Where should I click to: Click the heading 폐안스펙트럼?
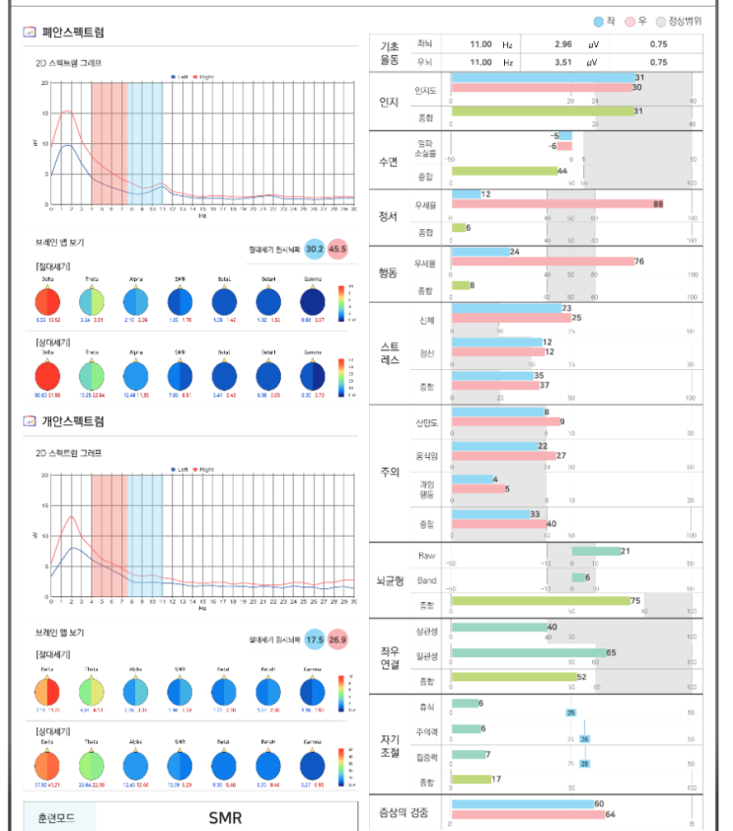pyautogui.click(x=73, y=33)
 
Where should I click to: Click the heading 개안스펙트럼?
pyautogui.click(x=73, y=421)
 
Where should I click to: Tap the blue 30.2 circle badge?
pyautogui.click(x=315, y=249)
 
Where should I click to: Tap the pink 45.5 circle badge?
pyautogui.click(x=338, y=249)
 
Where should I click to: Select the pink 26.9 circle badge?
pyautogui.click(x=338, y=640)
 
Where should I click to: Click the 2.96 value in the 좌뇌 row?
pyautogui.click(x=563, y=44)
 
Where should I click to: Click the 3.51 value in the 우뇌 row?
pyautogui.click(x=563, y=62)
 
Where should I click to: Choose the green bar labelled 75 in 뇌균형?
pyautogui.click(x=540, y=600)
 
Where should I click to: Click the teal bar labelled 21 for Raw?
pyautogui.click(x=596, y=551)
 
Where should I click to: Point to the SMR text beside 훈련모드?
pyautogui.click(x=225, y=818)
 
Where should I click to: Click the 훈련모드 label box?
pyautogui.click(x=60, y=818)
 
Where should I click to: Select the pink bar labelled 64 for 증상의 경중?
pyautogui.click(x=528, y=814)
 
